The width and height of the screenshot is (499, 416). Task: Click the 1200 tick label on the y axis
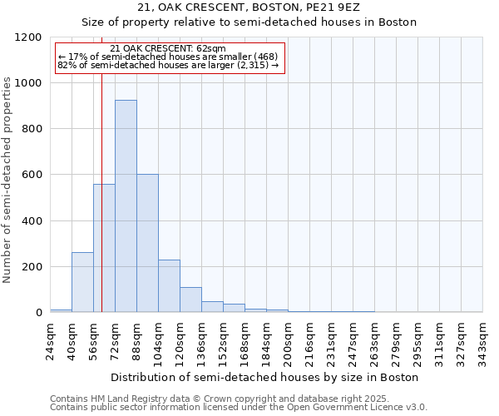pos(27,37)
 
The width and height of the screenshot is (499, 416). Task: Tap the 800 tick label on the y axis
pos(31,129)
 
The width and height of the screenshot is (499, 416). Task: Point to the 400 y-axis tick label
pos(31,221)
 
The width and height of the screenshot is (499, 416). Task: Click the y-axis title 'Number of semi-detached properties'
pos(8,176)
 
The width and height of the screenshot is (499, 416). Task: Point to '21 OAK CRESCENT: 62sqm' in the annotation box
pos(167,49)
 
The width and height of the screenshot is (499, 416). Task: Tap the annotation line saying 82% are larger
pos(168,64)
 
